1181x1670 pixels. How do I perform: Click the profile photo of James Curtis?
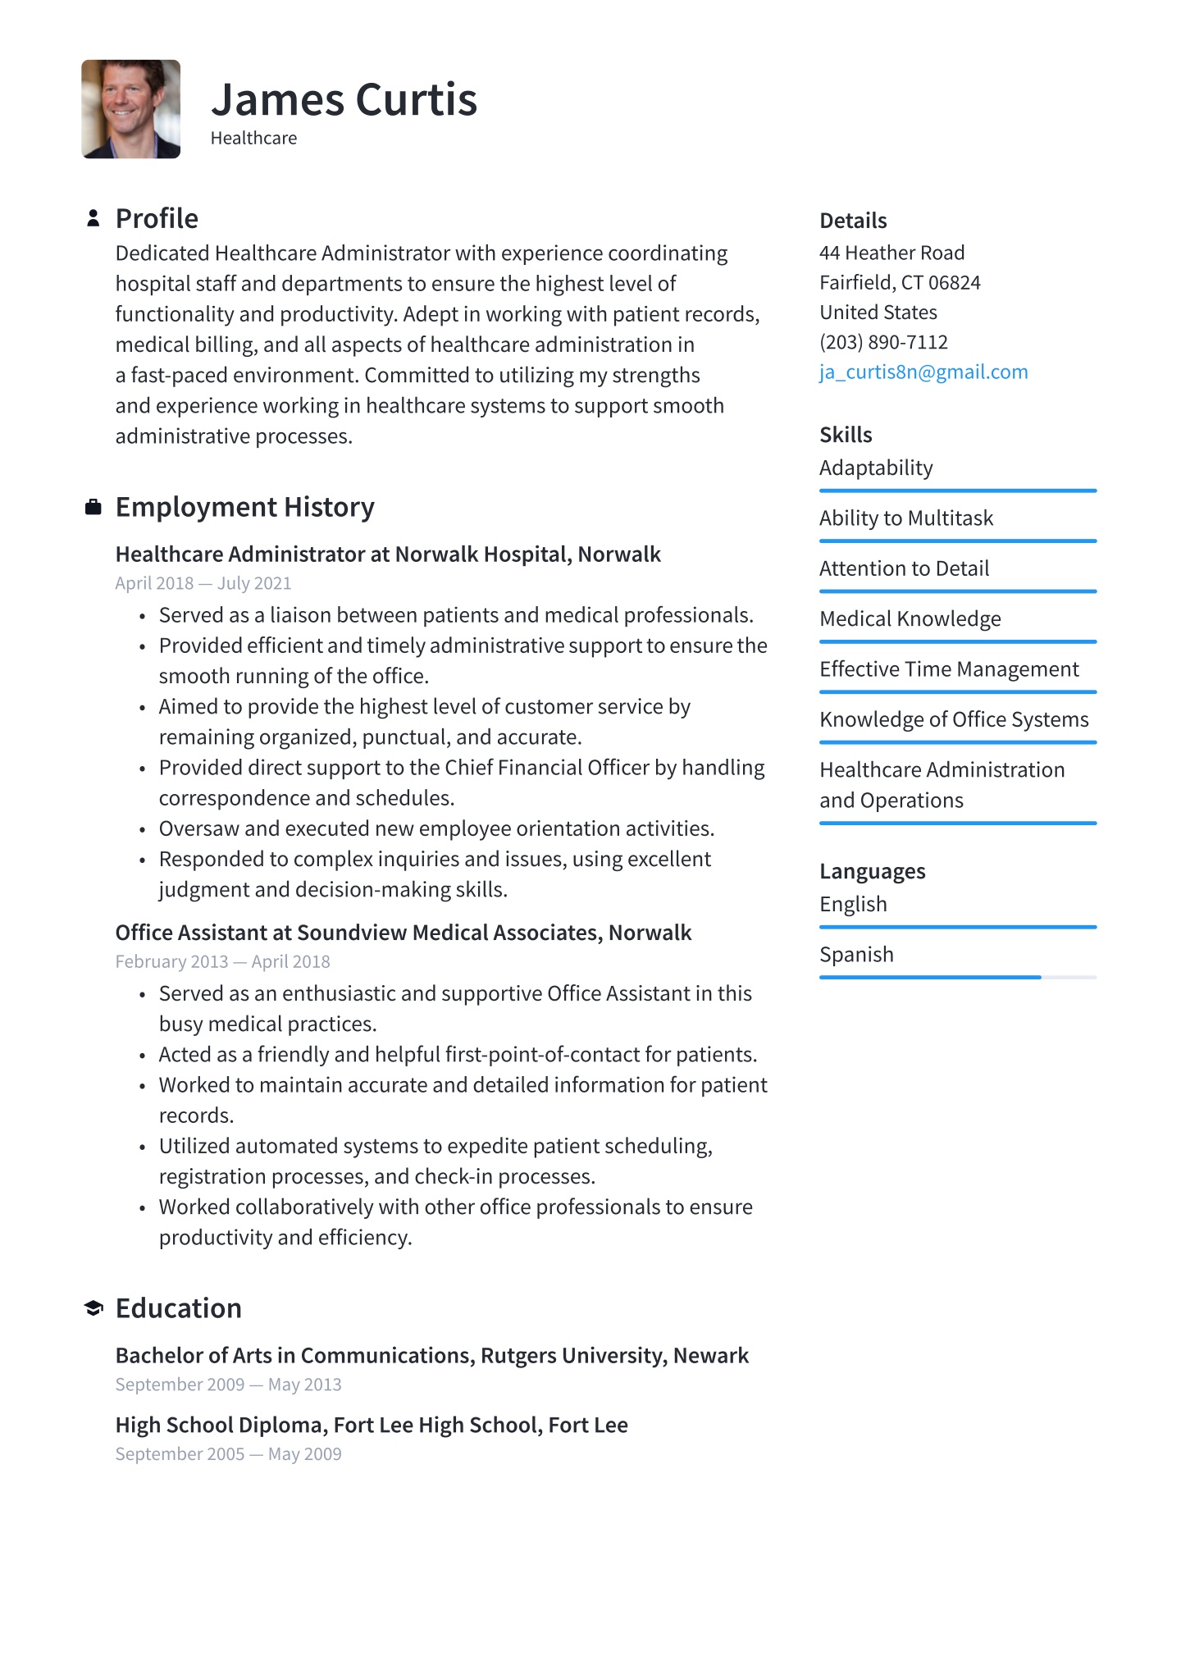click(130, 109)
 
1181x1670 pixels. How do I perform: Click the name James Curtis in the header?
click(344, 100)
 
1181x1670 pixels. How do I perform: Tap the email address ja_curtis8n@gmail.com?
click(923, 372)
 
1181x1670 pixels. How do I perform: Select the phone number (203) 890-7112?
click(883, 342)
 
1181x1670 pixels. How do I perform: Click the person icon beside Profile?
click(93, 218)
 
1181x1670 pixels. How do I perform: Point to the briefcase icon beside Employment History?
click(93, 508)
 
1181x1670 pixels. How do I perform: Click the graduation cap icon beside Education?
click(93, 1308)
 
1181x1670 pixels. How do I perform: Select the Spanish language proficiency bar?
click(957, 977)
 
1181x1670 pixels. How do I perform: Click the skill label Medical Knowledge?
click(910, 619)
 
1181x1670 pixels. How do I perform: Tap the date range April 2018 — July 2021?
click(203, 583)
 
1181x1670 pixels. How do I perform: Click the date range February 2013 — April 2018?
click(222, 961)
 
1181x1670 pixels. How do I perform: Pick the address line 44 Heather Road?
click(891, 253)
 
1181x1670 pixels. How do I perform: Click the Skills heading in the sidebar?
click(846, 435)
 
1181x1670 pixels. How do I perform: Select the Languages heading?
click(872, 871)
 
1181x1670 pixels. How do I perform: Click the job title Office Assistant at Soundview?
click(403, 933)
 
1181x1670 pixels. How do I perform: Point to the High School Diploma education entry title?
click(371, 1425)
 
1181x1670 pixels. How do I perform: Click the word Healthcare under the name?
click(253, 139)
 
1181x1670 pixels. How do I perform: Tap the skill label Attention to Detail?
click(904, 568)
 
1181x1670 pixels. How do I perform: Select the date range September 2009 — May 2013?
click(228, 1385)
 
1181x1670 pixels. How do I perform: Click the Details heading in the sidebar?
click(853, 221)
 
